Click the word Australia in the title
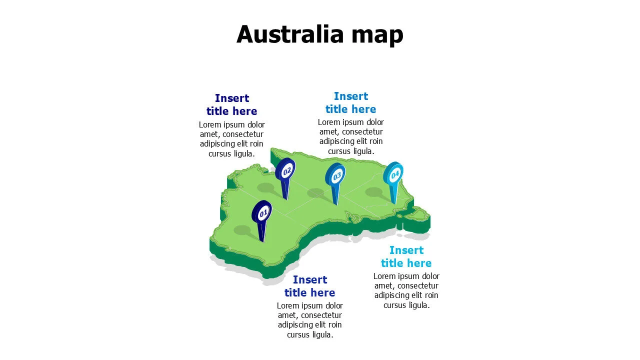point(290,34)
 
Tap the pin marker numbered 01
point(261,212)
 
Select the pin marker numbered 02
point(285,171)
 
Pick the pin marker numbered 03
point(336,175)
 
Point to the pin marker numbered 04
point(394,174)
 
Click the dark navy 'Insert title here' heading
point(231,104)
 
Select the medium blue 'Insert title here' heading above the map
point(350,102)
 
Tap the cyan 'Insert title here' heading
point(406,256)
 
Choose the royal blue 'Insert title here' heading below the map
point(309,286)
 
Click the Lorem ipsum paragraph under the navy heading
point(231,139)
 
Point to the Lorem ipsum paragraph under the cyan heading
point(406,290)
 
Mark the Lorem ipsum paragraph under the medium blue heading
point(350,136)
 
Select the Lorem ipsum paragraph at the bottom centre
point(309,320)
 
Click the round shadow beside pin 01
point(242,230)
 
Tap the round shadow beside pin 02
point(265,187)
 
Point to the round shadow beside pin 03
point(316,192)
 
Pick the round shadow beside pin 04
point(374,191)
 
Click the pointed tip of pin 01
point(262,242)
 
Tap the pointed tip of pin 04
point(394,204)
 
